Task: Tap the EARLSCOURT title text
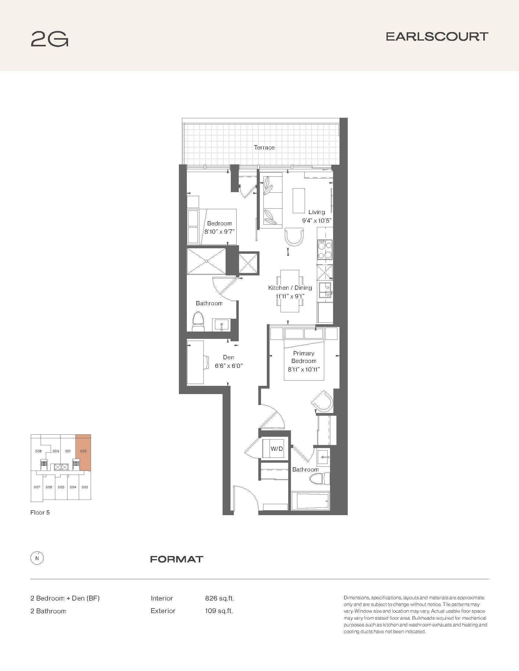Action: (x=437, y=37)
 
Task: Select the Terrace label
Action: (x=264, y=148)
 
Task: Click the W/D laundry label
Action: (x=276, y=449)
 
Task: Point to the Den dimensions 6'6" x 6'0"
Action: (x=229, y=366)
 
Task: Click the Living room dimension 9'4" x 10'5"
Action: (x=317, y=221)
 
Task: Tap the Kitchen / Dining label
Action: (x=290, y=288)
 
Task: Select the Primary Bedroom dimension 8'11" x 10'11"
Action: (x=304, y=370)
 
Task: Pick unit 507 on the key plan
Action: (x=37, y=487)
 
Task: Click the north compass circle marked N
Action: (x=37, y=558)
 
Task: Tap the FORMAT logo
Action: (x=177, y=559)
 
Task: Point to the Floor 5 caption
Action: (x=40, y=512)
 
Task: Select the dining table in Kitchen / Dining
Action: (x=290, y=291)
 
